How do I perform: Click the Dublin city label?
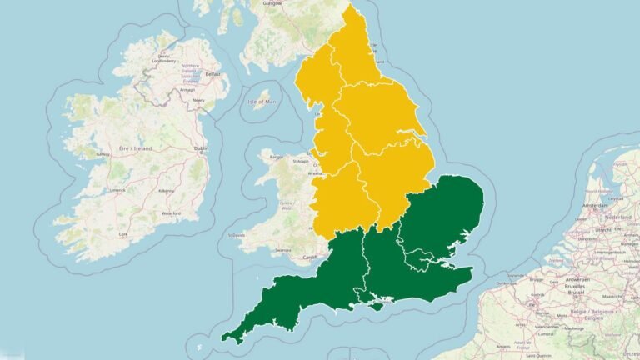[200, 149]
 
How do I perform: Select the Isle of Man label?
[262, 102]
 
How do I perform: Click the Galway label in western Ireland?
[103, 154]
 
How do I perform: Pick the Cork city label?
[123, 235]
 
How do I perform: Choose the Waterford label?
[171, 214]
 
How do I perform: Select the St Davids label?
[239, 236]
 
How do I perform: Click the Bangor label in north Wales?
[277, 156]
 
